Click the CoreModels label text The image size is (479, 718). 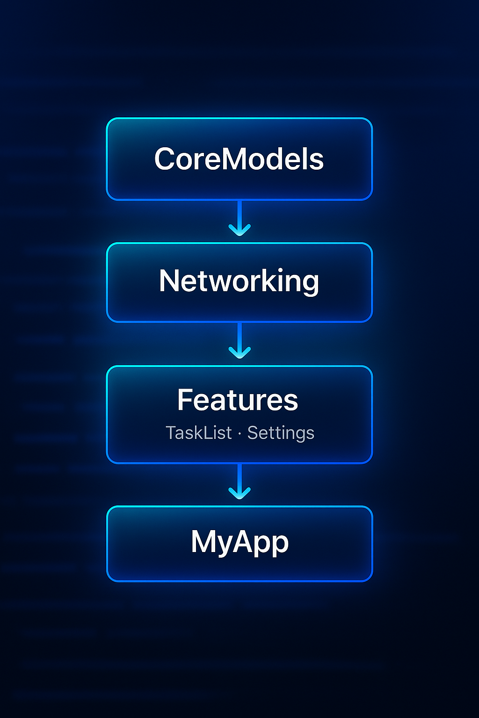pyautogui.click(x=239, y=159)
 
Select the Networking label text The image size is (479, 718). pyautogui.click(x=239, y=281)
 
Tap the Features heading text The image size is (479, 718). pyautogui.click(x=238, y=400)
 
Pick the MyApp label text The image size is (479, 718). pyautogui.click(x=239, y=542)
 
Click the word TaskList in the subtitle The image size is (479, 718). pyautogui.click(x=199, y=433)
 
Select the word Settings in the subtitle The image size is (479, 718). pyautogui.click(x=281, y=433)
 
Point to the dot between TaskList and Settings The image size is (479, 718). pyautogui.click(x=239, y=434)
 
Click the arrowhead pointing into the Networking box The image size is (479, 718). pyautogui.click(x=239, y=230)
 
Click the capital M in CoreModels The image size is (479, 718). pyautogui.click(x=235, y=159)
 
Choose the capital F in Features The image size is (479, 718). pyautogui.click(x=186, y=400)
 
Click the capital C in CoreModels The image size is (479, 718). pyautogui.click(x=167, y=159)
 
